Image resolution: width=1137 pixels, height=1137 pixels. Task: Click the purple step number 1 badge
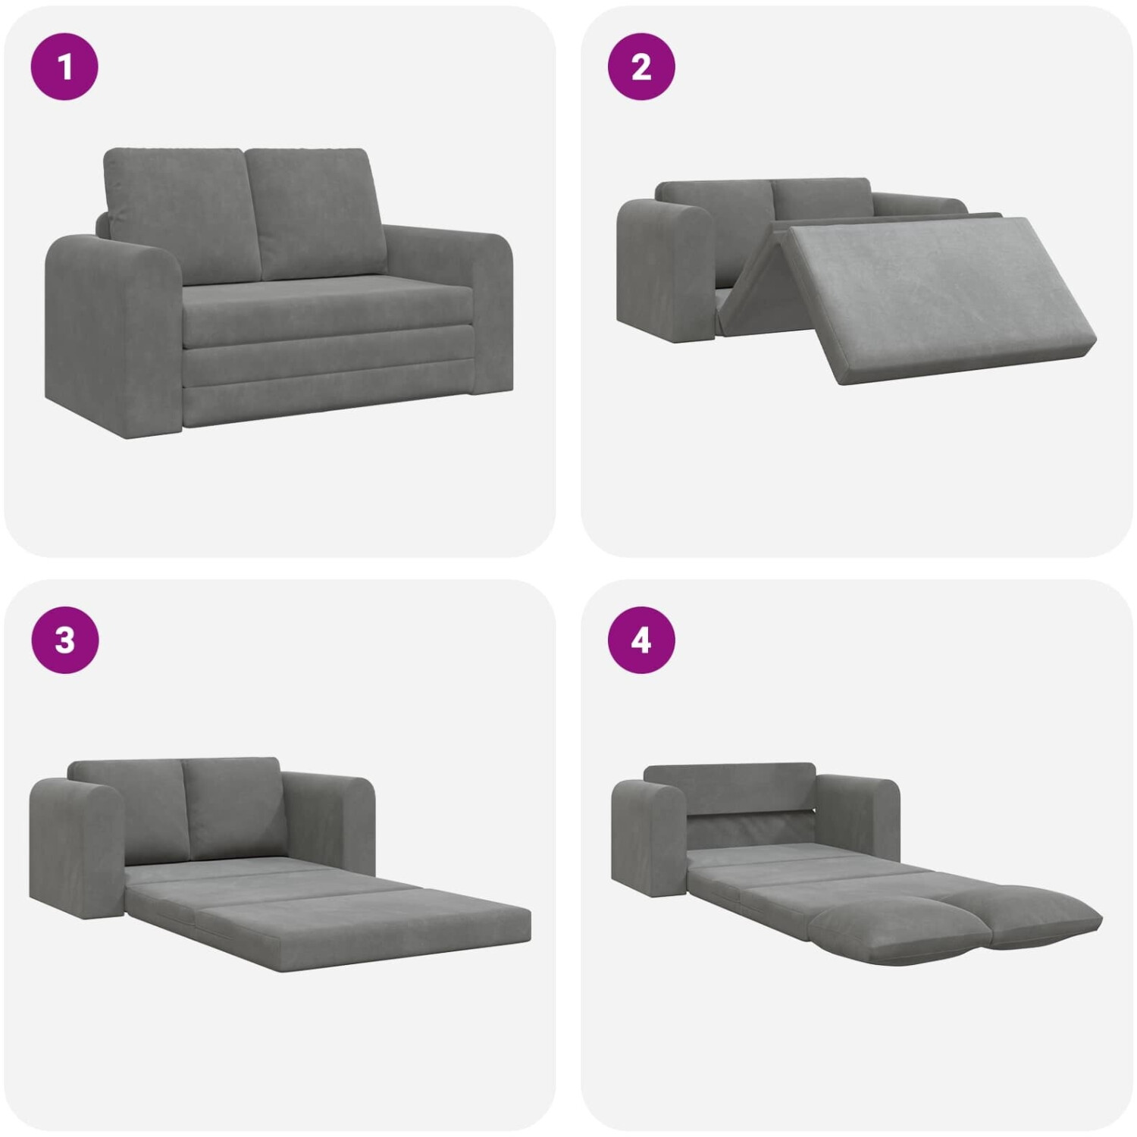pyautogui.click(x=64, y=66)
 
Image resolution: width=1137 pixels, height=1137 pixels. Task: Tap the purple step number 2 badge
pyautogui.click(x=641, y=66)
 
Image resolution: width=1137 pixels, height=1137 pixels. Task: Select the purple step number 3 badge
pyautogui.click(x=64, y=640)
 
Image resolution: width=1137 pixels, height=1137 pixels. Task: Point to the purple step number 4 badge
pyautogui.click(x=641, y=640)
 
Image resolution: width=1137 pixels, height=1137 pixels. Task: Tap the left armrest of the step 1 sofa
pyautogui.click(x=114, y=334)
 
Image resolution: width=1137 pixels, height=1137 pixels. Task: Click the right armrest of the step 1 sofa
pyautogui.click(x=447, y=303)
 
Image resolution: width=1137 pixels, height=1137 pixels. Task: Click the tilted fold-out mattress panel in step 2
pyautogui.click(x=940, y=299)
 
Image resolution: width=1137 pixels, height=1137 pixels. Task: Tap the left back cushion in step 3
pyautogui.click(x=129, y=811)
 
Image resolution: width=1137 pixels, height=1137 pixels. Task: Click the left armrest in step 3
pyautogui.click(x=76, y=849)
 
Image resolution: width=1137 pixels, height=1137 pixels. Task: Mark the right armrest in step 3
pyautogui.click(x=330, y=822)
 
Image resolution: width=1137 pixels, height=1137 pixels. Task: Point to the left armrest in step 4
pyautogui.click(x=650, y=838)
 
